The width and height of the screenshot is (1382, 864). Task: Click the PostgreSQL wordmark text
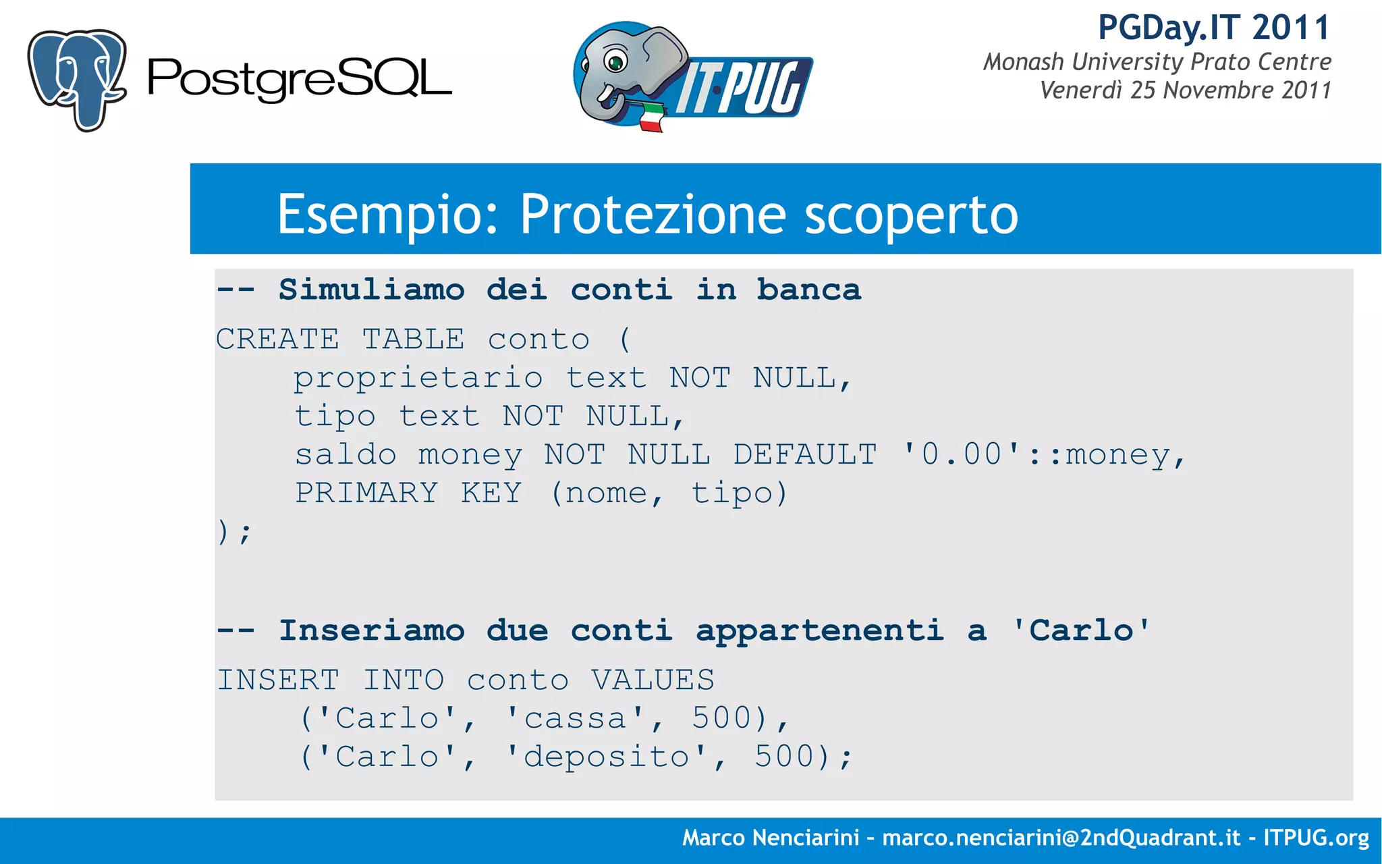pyautogui.click(x=299, y=79)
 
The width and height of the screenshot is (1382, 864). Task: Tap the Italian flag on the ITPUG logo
pyautogui.click(x=651, y=117)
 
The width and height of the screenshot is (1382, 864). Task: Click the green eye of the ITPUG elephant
pyautogui.click(x=615, y=63)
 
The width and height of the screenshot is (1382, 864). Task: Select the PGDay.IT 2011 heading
pyautogui.click(x=1213, y=28)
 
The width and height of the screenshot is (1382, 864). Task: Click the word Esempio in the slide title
pyautogui.click(x=387, y=215)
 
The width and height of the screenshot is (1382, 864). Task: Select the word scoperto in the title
pyautogui.click(x=911, y=215)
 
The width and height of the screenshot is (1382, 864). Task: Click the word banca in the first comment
pyautogui.click(x=808, y=290)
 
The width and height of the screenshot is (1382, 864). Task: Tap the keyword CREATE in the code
pyautogui.click(x=277, y=339)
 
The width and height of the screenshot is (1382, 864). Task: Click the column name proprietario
pyautogui.click(x=418, y=378)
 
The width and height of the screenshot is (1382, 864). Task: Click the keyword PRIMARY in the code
pyautogui.click(x=366, y=493)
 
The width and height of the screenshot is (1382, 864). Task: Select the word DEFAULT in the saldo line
pyautogui.click(x=804, y=454)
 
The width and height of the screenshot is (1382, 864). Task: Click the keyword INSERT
pyautogui.click(x=277, y=680)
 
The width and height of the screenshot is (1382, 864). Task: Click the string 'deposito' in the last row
pyautogui.click(x=607, y=757)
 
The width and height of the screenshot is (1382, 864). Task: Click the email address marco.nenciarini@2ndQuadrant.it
pyautogui.click(x=1061, y=838)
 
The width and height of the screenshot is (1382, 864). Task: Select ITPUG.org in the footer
pyautogui.click(x=1316, y=838)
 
